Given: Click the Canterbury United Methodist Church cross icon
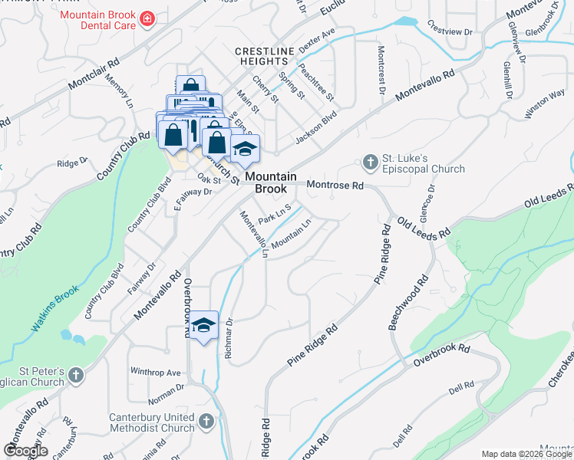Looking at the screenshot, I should (206, 420).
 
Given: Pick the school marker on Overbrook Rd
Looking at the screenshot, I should (203, 325).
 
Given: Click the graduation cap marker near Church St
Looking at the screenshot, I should (245, 149).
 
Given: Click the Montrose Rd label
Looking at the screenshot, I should (335, 186).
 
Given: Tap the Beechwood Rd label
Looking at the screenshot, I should (407, 302).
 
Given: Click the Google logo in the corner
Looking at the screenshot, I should (25, 450).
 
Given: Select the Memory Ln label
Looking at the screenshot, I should (120, 90).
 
